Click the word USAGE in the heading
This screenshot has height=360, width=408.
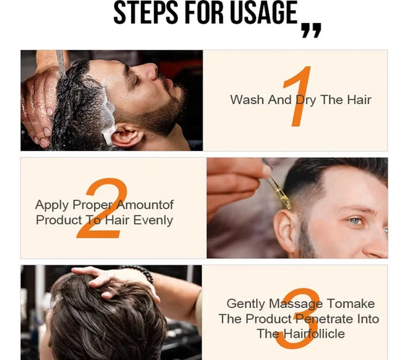(x=262, y=13)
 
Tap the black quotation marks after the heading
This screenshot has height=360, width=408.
(x=310, y=30)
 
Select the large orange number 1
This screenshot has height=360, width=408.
(x=297, y=97)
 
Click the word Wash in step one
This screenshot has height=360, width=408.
(x=247, y=100)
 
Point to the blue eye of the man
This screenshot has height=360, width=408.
(x=354, y=220)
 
